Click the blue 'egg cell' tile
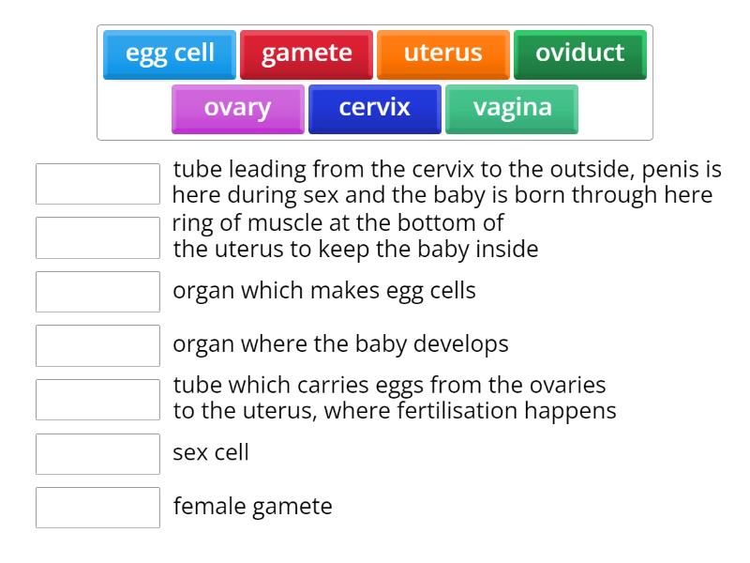click(x=170, y=53)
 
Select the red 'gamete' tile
click(x=307, y=53)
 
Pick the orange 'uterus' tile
click(x=442, y=53)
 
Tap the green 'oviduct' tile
click(x=579, y=53)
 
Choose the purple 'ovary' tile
click(x=237, y=108)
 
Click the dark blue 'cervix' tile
click(x=374, y=108)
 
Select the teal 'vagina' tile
click(x=512, y=108)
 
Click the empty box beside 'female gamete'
click(x=97, y=508)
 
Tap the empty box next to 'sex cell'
click(x=97, y=454)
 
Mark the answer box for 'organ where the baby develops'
click(x=97, y=345)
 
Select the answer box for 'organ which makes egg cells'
click(x=97, y=292)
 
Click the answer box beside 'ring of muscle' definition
click(x=97, y=238)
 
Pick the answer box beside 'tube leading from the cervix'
click(x=97, y=184)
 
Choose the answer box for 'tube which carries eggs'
click(x=97, y=400)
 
